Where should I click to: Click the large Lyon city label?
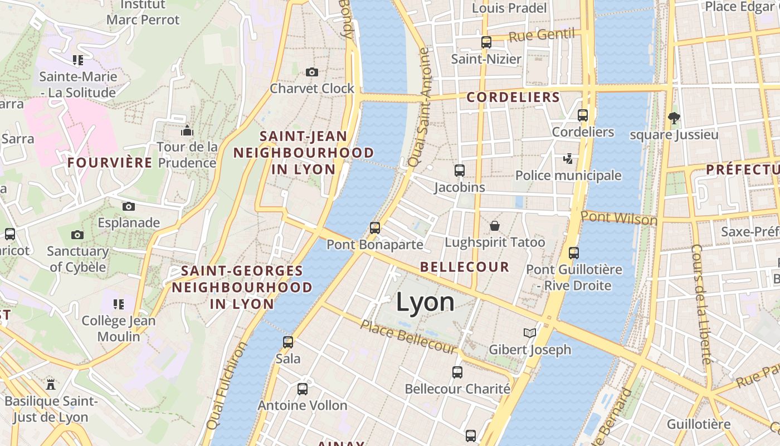pos(425,302)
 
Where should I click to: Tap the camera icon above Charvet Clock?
pos(312,72)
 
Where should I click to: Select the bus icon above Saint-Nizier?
pos(486,42)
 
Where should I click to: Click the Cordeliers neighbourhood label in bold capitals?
pos(513,97)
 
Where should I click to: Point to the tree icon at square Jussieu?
pos(674,118)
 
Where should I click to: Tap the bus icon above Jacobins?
pos(460,171)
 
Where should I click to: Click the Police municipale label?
pos(568,176)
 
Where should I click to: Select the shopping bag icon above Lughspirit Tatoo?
pos(495,226)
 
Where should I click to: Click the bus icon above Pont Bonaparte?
pos(375,227)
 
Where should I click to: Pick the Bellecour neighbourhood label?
pos(465,267)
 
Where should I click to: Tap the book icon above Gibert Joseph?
pos(530,333)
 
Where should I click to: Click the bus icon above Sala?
pos(288,342)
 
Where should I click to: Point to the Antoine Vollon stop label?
pos(302,405)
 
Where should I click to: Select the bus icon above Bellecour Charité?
pos(457,372)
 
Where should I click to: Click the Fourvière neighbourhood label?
pos(110,163)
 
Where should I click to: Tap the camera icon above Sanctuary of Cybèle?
pos(77,235)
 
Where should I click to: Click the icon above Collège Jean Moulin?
pos(119,304)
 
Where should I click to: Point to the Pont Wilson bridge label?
pos(619,218)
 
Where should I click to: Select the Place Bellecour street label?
pos(408,336)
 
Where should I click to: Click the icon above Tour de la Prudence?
pos(187,131)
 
